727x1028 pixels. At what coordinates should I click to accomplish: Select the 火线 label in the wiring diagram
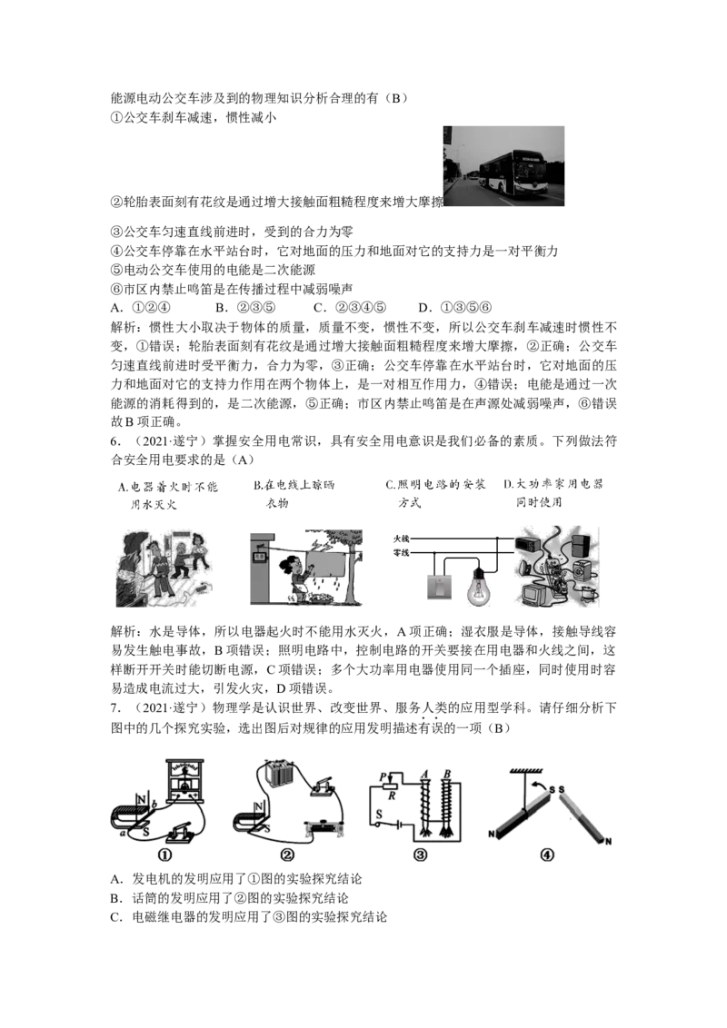[x=401, y=539]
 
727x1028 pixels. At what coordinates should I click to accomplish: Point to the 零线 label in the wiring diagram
[x=401, y=553]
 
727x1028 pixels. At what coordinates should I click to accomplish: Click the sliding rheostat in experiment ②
[x=322, y=826]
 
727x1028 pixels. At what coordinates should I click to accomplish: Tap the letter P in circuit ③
[x=383, y=777]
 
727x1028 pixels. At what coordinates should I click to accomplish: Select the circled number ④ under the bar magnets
[x=546, y=855]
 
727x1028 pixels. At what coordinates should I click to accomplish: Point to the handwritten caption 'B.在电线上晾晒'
[x=294, y=485]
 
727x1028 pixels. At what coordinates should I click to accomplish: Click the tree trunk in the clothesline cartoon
[x=352, y=576]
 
